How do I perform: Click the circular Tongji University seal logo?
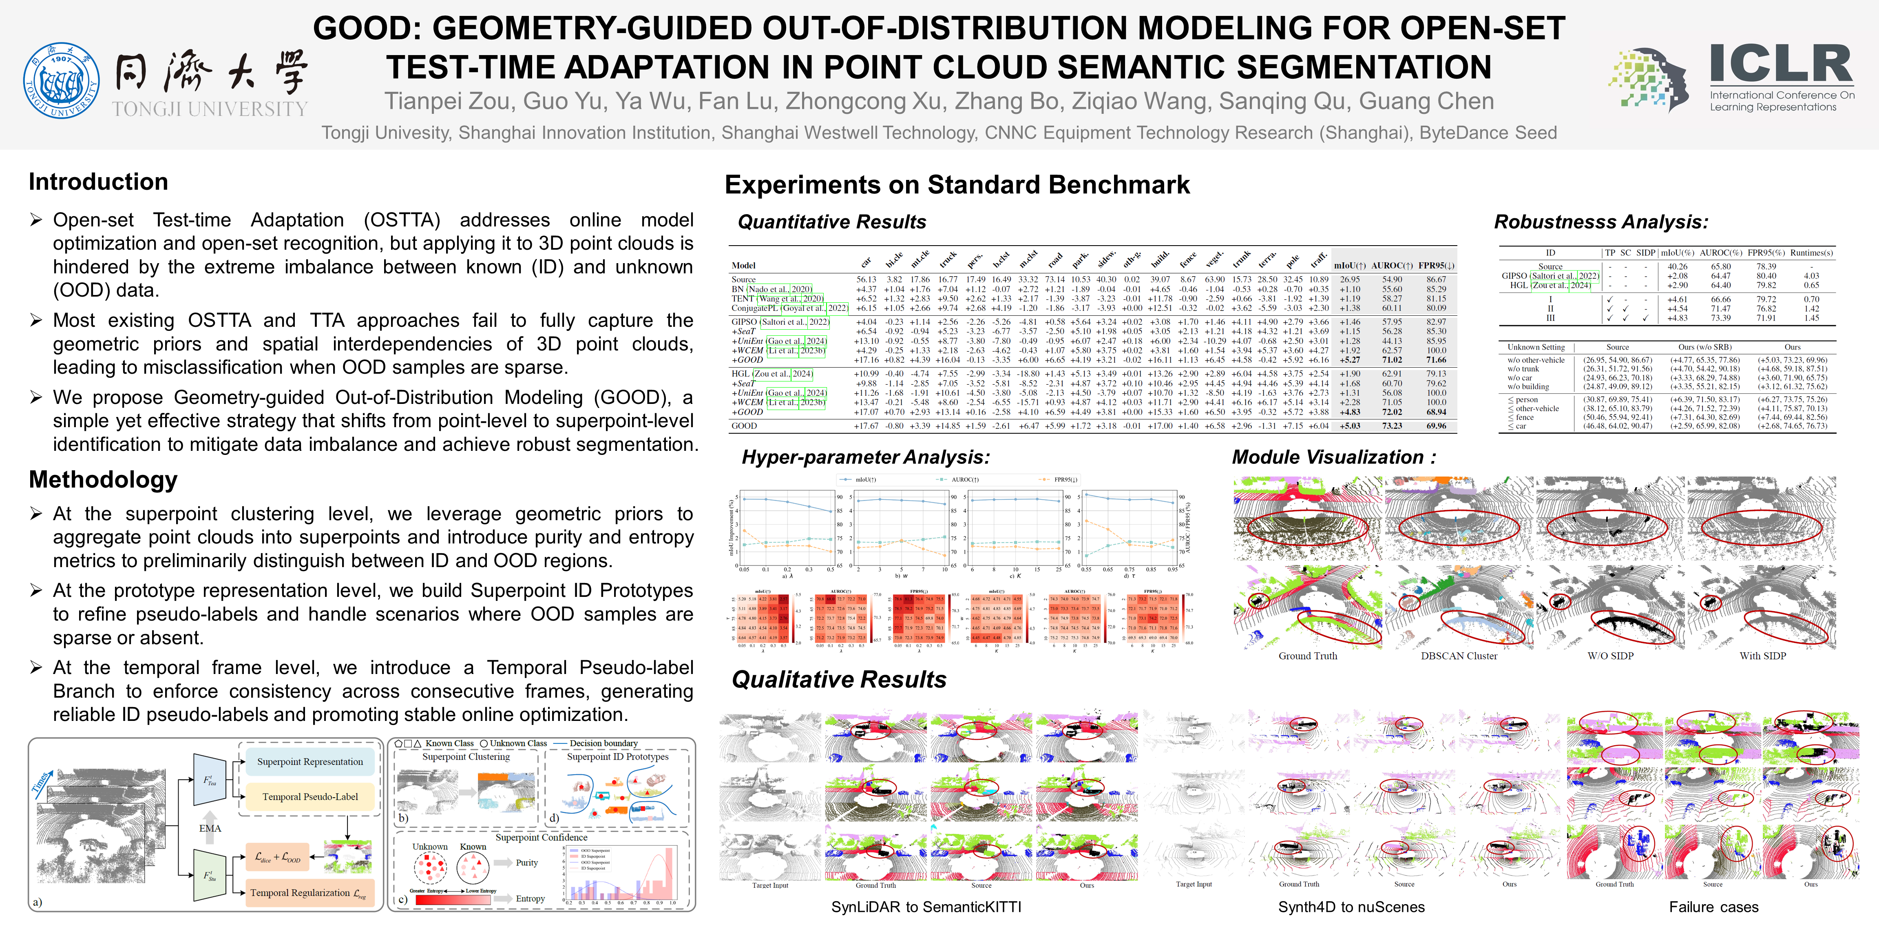[x=61, y=80]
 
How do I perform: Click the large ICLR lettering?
[x=1781, y=64]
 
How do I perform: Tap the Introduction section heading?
[x=98, y=182]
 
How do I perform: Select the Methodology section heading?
[x=103, y=479]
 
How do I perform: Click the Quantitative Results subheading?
[x=831, y=222]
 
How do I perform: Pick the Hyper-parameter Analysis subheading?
[x=866, y=458]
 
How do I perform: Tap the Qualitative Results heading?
[x=839, y=679]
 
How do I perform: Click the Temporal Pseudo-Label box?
[x=310, y=797]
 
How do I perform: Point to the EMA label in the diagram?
[x=210, y=828]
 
